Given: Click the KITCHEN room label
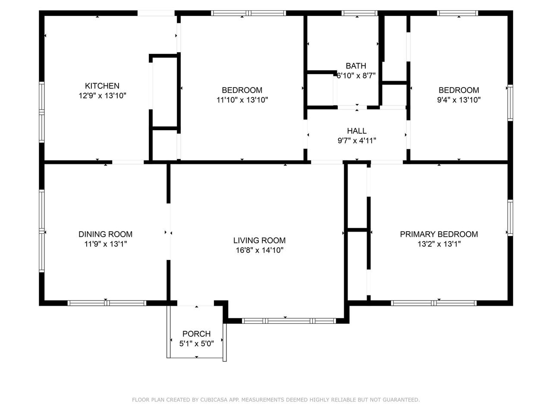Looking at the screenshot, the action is (x=102, y=86).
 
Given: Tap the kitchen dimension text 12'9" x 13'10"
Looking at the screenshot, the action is (x=102, y=96).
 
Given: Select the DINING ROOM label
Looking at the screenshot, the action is (x=105, y=234).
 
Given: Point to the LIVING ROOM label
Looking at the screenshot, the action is (x=259, y=241).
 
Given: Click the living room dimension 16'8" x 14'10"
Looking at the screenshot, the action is (x=259, y=251).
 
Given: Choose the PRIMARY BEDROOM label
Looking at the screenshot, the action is (x=439, y=234).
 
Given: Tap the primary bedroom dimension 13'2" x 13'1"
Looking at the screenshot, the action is (x=439, y=244).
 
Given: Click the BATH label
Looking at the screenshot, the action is (x=356, y=66).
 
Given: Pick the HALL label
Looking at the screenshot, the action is (x=357, y=131).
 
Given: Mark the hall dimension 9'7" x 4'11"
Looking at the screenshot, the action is (x=357, y=141).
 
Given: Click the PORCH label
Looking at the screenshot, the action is (x=196, y=334).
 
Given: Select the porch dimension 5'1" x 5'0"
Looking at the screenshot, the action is (x=196, y=344).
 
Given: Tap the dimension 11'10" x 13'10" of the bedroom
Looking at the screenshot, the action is (x=242, y=100).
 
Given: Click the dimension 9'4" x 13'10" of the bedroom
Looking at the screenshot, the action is (x=459, y=100).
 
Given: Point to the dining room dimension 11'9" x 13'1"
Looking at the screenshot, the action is (x=105, y=244).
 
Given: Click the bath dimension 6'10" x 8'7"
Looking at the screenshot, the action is (x=356, y=75).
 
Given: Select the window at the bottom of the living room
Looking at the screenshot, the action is (x=289, y=321).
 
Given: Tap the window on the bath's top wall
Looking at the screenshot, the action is (x=359, y=13).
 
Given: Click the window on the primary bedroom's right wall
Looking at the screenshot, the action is (x=510, y=218).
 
